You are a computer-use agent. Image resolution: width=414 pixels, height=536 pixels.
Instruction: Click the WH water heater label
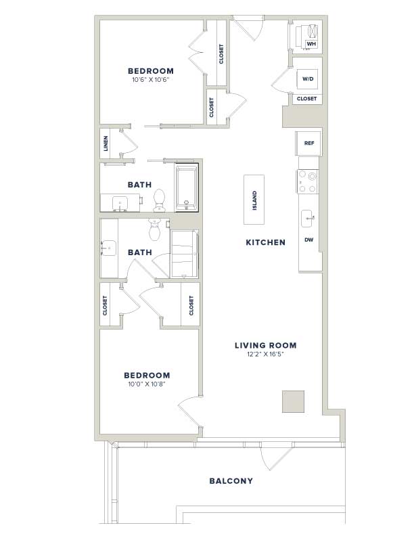pyautogui.click(x=311, y=44)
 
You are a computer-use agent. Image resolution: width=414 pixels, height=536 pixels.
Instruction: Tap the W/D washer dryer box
pyautogui.click(x=308, y=80)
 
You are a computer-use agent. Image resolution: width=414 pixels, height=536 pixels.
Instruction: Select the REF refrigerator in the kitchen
pyautogui.click(x=308, y=143)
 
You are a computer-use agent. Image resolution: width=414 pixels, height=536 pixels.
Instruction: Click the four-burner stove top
pyautogui.click(x=307, y=182)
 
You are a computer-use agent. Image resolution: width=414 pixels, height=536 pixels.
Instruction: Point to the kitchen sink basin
pyautogui.click(x=307, y=219)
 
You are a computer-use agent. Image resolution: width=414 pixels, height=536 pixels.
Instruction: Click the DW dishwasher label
pyautogui.click(x=308, y=240)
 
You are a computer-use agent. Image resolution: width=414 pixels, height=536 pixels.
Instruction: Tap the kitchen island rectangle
pyautogui.click(x=254, y=200)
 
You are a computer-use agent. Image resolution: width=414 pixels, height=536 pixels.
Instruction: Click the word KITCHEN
pyautogui.click(x=265, y=242)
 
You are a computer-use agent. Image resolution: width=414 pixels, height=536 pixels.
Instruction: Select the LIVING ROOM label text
pyautogui.click(x=265, y=345)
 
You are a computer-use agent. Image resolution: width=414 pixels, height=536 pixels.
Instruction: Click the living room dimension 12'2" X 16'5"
pyautogui.click(x=265, y=355)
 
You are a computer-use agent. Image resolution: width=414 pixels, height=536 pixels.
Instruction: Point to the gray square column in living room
pyautogui.click(x=293, y=401)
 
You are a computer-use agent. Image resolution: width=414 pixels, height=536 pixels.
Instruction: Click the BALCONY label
pyautogui.click(x=231, y=481)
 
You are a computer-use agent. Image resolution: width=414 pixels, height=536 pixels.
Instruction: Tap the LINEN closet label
pyautogui.click(x=106, y=143)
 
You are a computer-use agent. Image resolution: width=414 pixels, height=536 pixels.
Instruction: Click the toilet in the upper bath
pyautogui.click(x=159, y=200)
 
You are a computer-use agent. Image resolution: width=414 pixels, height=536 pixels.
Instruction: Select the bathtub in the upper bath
pyautogui.click(x=187, y=187)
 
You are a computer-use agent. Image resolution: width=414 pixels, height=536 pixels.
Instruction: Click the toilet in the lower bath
pyautogui.click(x=155, y=229)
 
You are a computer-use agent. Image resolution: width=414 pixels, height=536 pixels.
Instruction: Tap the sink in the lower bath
pyautogui.click(x=109, y=248)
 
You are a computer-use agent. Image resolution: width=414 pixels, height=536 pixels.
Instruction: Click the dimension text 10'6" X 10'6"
pyautogui.click(x=151, y=80)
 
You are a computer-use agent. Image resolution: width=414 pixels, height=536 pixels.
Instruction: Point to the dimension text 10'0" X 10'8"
pyautogui.click(x=147, y=384)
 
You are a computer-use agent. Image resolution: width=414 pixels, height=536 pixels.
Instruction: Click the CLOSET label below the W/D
pyautogui.click(x=306, y=99)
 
